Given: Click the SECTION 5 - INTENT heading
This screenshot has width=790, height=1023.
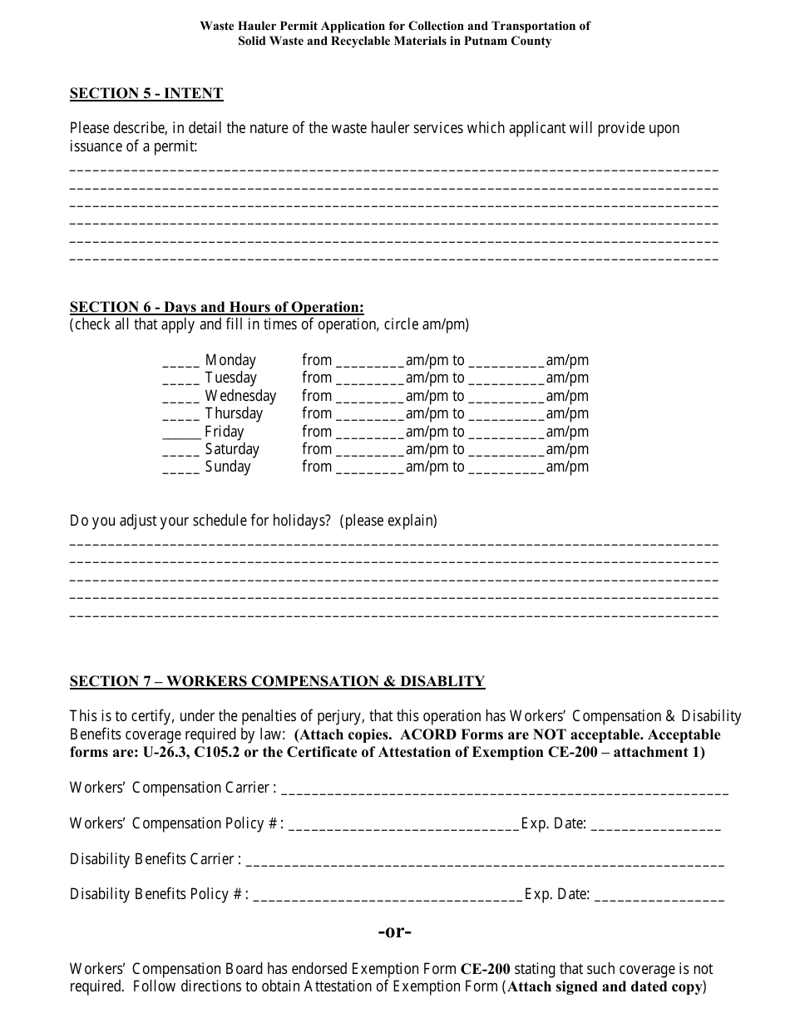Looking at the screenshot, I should tap(146, 93).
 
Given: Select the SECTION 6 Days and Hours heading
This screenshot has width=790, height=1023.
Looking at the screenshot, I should tap(216, 307).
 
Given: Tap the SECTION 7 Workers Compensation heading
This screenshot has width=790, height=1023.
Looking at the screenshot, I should tap(277, 681).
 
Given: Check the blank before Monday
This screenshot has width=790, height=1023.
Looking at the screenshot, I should tap(180, 361).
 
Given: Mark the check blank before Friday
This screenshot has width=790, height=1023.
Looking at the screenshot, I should tap(181, 432).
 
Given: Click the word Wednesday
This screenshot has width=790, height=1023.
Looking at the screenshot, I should tap(240, 396).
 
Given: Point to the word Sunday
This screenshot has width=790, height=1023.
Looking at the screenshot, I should tap(228, 467).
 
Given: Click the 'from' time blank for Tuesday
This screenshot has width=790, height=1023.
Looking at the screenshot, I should tap(370, 379).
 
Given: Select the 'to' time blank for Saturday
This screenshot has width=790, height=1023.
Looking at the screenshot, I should tap(506, 450).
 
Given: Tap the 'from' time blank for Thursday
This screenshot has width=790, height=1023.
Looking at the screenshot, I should tap(370, 414).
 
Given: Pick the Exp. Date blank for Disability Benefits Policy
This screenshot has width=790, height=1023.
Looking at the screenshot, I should tap(659, 895).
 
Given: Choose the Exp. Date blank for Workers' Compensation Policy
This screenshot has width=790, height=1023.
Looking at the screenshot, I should tap(656, 824).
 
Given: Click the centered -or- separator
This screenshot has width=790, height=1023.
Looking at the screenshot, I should tap(395, 932).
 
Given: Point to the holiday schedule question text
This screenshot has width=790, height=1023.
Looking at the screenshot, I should tap(254, 521).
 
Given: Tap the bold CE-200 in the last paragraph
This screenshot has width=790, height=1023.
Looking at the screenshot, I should tap(486, 969).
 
